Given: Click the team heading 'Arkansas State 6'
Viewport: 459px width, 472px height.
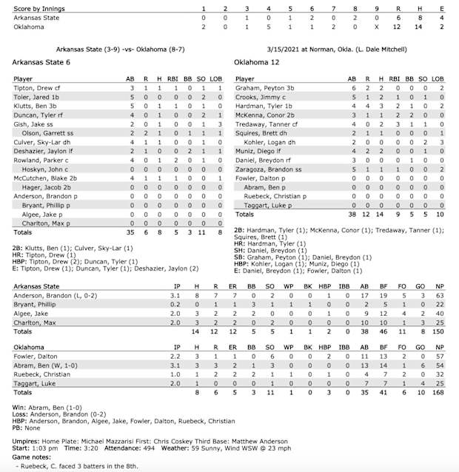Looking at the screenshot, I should pos(41,63).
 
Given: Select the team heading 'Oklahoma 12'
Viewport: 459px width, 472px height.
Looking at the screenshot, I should pos(255,63).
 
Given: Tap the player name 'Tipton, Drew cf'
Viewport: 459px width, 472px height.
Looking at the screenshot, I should pos(38,87).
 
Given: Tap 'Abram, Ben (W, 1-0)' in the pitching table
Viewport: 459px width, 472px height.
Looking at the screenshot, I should pos(46,365).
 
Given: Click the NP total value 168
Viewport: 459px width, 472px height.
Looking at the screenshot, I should pos(438,391).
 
